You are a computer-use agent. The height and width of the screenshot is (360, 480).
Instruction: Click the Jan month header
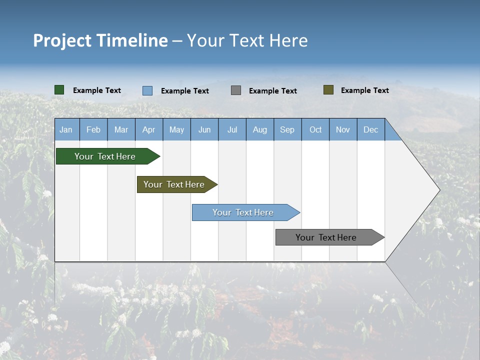tap(66, 129)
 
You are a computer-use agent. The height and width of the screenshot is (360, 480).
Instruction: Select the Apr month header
tap(149, 129)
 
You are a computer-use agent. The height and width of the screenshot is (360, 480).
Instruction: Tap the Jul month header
tap(232, 129)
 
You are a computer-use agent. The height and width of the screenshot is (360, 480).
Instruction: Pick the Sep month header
tap(287, 129)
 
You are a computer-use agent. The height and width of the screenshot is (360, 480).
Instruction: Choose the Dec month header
tap(370, 129)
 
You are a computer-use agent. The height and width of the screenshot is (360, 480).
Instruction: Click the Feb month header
tap(93, 129)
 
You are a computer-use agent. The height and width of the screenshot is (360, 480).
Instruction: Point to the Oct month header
tap(315, 129)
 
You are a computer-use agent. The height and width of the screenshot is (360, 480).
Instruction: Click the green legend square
tap(59, 90)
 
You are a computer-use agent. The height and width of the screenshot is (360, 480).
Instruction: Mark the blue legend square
tap(147, 90)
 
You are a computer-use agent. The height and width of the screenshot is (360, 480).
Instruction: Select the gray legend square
tap(236, 90)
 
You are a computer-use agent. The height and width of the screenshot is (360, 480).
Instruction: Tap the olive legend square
tap(328, 90)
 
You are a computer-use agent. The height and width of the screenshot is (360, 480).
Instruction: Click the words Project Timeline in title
tap(100, 40)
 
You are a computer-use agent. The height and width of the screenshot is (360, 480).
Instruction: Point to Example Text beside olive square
tap(364, 90)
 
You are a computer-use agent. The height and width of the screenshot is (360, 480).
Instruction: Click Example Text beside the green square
tap(97, 90)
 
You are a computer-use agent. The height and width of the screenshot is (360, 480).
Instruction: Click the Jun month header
tap(204, 129)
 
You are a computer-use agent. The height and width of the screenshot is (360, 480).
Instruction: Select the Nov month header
tap(343, 129)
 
